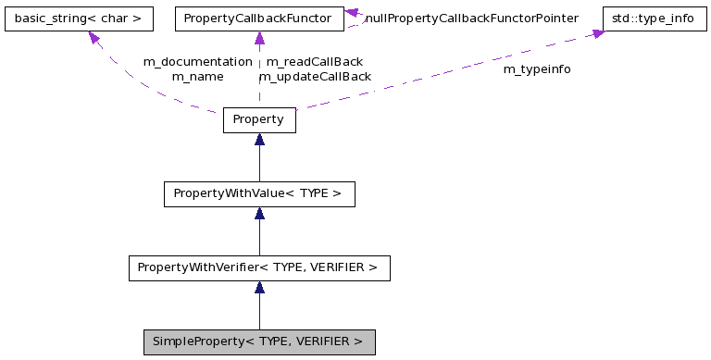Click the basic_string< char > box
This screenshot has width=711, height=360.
point(78,19)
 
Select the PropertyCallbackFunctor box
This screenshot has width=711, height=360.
point(259,19)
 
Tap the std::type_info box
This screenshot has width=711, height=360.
point(653,19)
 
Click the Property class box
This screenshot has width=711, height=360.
point(259,120)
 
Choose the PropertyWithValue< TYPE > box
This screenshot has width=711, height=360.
point(259,194)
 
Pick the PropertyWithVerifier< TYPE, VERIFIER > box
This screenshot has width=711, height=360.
point(259,268)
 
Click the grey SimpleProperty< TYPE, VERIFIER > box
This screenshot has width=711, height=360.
point(259,341)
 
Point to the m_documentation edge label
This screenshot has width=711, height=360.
point(197,61)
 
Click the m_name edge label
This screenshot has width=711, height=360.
point(197,76)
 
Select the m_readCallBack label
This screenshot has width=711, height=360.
point(314,61)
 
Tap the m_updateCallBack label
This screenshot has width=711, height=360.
point(314,76)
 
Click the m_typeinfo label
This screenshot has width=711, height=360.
point(537,69)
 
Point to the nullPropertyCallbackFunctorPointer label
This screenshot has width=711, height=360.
point(471,18)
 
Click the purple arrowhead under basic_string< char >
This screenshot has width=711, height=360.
point(94,38)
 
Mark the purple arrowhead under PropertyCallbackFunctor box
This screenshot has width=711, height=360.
point(259,39)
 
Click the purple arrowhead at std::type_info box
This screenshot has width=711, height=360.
point(598,33)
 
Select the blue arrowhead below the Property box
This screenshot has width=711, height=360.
point(259,140)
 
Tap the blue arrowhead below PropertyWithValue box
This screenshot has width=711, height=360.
point(259,214)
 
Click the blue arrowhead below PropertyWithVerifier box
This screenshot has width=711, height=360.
point(259,288)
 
